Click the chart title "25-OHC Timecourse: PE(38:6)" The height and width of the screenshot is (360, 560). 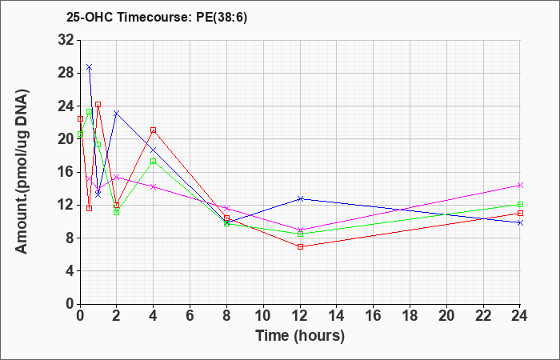(x=157, y=17)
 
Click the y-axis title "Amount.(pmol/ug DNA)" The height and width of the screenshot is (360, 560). (x=22, y=171)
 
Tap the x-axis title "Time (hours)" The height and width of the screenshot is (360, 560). (x=300, y=336)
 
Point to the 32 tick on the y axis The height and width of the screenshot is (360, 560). (x=66, y=40)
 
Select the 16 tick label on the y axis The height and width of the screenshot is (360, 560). (x=66, y=172)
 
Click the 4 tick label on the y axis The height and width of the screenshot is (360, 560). (x=70, y=271)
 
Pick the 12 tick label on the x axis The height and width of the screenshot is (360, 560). (x=300, y=316)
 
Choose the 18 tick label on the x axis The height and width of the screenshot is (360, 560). (x=410, y=316)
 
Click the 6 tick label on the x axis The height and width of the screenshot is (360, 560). (x=190, y=316)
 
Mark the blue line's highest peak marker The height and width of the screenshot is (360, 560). (x=90, y=66)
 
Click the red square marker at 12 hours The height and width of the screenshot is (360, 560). (x=300, y=246)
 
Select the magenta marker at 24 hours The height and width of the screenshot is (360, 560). (x=520, y=185)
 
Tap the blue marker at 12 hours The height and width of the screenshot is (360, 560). (x=300, y=198)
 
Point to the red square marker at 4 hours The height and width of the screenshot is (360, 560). (x=154, y=130)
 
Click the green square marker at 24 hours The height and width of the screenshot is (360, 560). (x=520, y=204)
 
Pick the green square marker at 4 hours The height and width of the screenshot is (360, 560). (x=154, y=161)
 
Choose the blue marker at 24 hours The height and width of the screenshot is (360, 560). (x=520, y=222)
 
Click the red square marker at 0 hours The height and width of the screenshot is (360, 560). (x=80, y=118)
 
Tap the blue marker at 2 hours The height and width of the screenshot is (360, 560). (x=117, y=114)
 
